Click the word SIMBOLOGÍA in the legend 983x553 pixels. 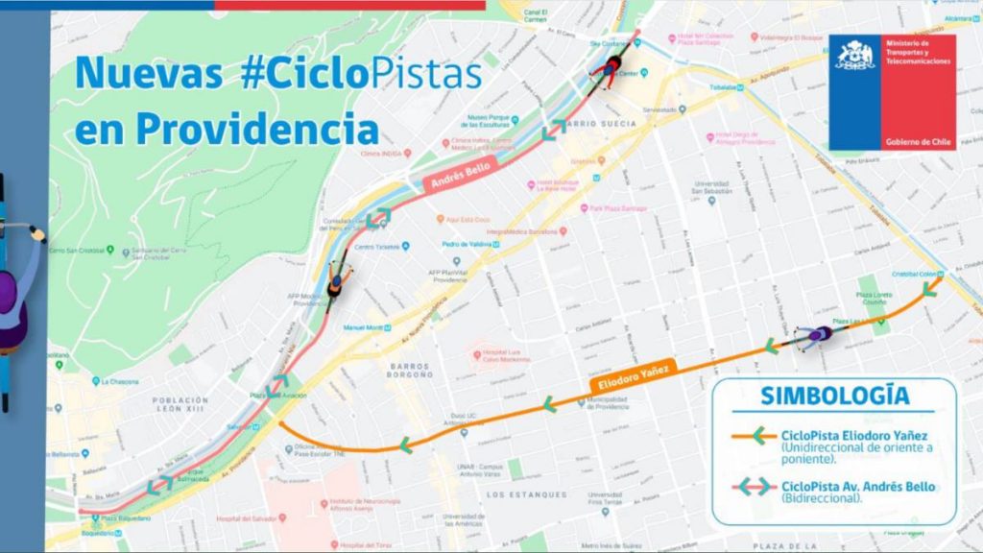(x=834, y=397)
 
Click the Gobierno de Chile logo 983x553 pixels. (x=892, y=92)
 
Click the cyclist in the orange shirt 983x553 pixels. (x=336, y=281)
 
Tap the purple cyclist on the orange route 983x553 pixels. (x=817, y=335)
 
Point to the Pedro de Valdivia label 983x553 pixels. (x=468, y=244)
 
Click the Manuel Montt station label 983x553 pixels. (x=364, y=327)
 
